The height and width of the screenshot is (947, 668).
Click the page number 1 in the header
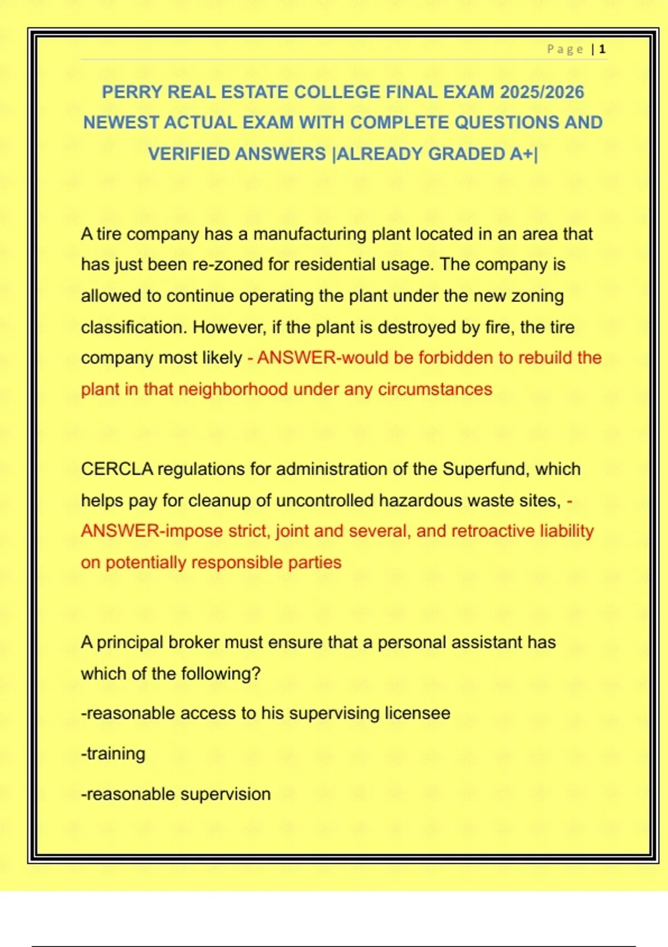[602, 50]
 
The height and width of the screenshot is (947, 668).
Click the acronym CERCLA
[117, 469]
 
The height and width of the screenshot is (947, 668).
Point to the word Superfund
[486, 469]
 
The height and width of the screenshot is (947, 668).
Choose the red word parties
[315, 562]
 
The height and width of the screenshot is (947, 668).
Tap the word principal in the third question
[130, 642]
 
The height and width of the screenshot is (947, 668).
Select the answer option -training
[114, 754]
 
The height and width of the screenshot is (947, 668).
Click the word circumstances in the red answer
[435, 389]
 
